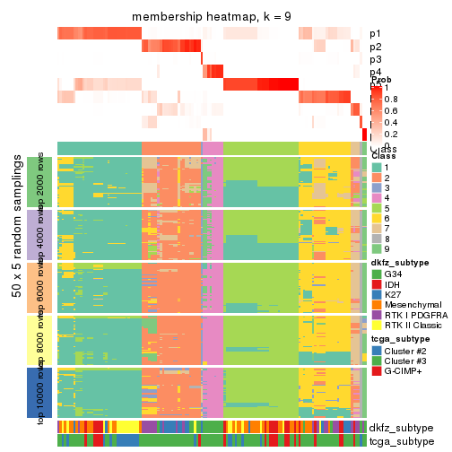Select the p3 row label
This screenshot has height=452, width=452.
[375, 59]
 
